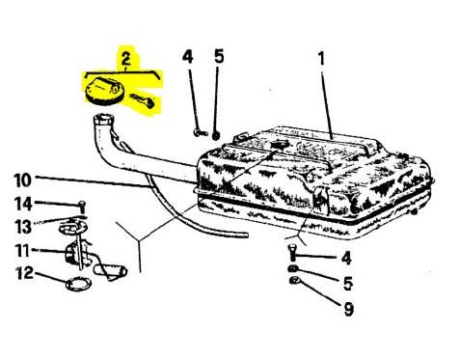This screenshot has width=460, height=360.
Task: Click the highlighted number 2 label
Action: click(125, 58)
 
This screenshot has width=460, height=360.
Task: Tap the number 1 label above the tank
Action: click(321, 59)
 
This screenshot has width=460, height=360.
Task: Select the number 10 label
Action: click(22, 180)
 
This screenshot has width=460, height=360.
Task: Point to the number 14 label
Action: click(23, 204)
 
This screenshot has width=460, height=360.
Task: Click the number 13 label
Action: click(24, 226)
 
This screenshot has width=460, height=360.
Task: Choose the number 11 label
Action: click(22, 251)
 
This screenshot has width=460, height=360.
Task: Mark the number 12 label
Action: click(25, 273)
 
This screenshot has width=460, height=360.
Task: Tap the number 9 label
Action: click(348, 309)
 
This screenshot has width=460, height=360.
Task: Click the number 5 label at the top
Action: click(219, 57)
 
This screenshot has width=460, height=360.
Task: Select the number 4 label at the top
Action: click(187, 57)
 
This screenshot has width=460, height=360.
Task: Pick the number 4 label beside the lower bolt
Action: click(346, 258)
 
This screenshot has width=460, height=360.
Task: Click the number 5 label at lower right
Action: click(348, 284)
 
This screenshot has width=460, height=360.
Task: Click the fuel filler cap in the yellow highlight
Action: click(103, 91)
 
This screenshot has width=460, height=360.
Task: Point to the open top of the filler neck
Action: click(103, 120)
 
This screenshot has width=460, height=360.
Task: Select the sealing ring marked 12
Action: click(78, 284)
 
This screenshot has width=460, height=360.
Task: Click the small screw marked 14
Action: click(82, 208)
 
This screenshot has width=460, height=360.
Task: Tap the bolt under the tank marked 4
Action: click(292, 252)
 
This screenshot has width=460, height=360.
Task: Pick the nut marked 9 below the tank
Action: click(294, 281)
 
